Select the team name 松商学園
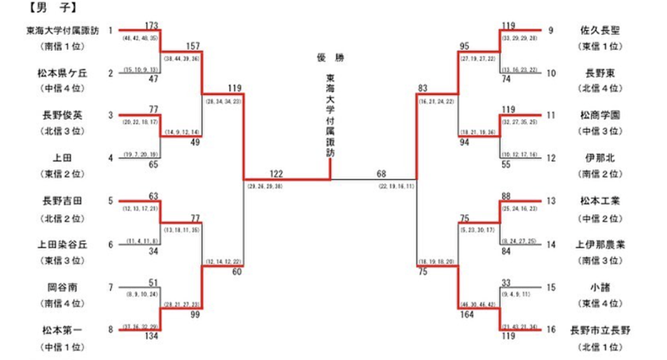(599, 114)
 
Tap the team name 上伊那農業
(599, 244)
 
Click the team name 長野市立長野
(599, 330)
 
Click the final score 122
(278, 173)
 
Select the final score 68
(382, 173)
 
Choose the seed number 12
(551, 157)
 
